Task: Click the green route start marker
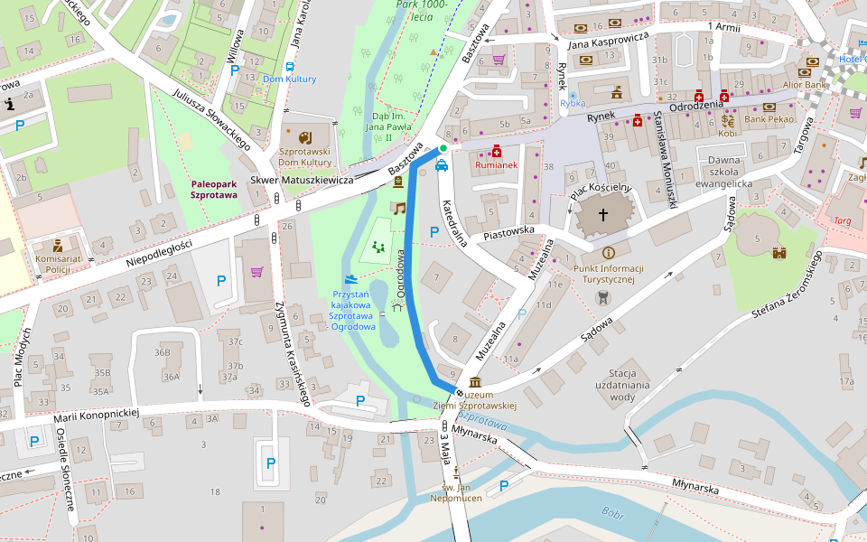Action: (x=443, y=148)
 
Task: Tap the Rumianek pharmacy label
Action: (x=497, y=165)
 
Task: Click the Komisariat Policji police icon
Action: (x=58, y=245)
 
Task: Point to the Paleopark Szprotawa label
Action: (x=214, y=189)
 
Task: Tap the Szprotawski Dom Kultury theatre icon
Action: (x=304, y=137)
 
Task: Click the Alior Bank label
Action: (x=805, y=85)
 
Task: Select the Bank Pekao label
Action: (x=769, y=119)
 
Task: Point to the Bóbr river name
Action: (x=613, y=515)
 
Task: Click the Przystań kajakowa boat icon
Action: (x=350, y=279)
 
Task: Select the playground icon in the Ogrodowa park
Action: (x=378, y=246)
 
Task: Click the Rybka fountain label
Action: (x=573, y=104)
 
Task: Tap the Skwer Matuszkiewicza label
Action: (x=302, y=180)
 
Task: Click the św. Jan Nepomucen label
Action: (x=457, y=492)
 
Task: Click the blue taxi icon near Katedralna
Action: (x=442, y=165)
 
